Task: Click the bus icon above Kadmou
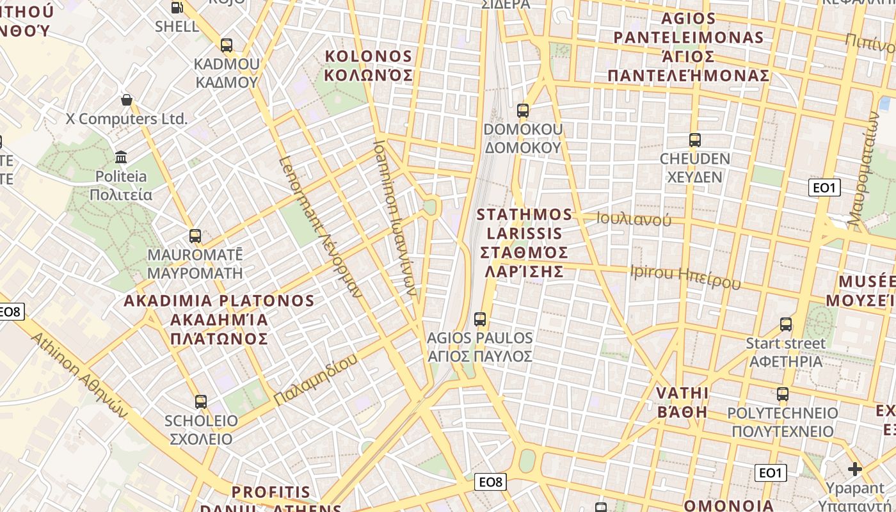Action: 226,45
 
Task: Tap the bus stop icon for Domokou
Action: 523,111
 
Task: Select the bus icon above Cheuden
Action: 695,140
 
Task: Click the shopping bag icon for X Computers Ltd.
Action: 127,100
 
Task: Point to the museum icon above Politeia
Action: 121,157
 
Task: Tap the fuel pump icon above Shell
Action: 177,8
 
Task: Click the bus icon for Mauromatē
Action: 195,236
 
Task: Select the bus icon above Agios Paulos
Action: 479,319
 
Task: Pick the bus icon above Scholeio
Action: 201,402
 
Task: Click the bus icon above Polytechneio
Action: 783,394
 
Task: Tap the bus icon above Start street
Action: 786,324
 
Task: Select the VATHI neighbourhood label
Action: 683,402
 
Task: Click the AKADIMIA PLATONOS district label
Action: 219,319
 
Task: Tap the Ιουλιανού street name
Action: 634,220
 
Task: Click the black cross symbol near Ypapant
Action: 855,470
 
